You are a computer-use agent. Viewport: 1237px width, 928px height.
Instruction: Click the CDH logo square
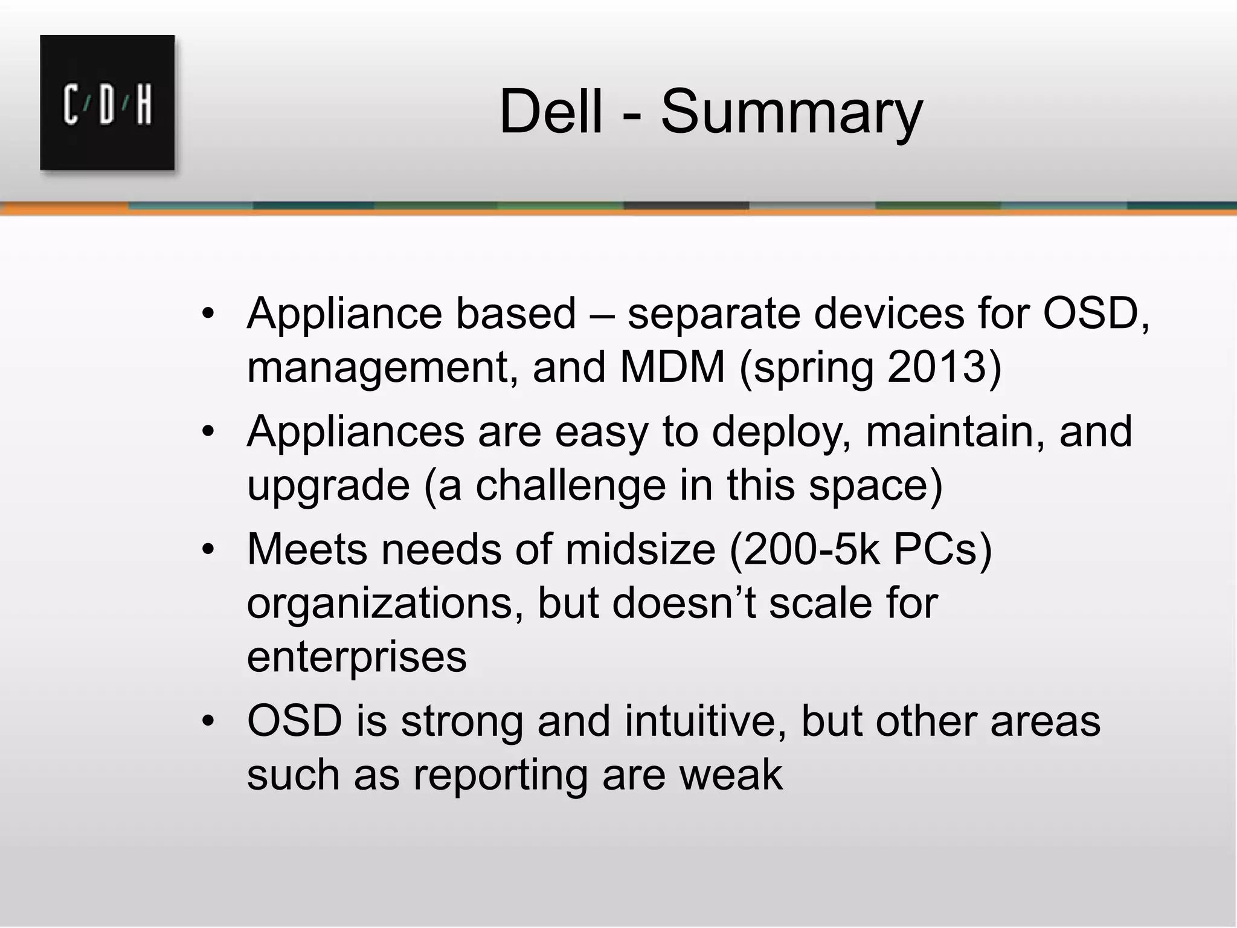tap(108, 103)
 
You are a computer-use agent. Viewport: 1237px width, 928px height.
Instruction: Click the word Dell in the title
tap(551, 112)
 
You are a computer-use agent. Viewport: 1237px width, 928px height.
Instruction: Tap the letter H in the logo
tap(143, 106)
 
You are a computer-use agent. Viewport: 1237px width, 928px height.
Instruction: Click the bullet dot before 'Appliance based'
tap(208, 314)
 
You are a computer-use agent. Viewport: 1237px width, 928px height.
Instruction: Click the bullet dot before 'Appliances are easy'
tap(208, 432)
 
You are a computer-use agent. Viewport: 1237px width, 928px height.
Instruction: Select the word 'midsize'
tap(640, 549)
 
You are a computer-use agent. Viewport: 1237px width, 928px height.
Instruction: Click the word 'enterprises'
tap(356, 657)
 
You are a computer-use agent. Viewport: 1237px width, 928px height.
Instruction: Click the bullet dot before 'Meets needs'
tap(208, 550)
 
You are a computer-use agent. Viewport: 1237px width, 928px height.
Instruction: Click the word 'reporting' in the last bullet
tap(500, 776)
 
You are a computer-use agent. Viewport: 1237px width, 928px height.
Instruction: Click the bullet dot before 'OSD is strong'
tap(208, 721)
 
